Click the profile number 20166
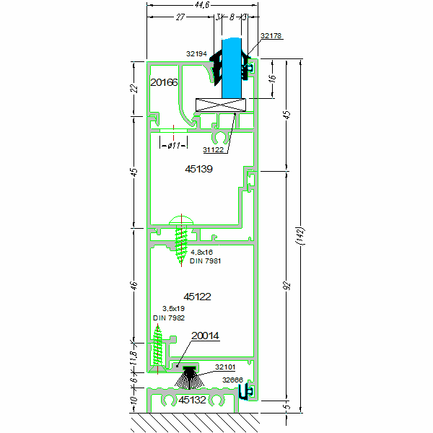click(x=164, y=83)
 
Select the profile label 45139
click(x=198, y=168)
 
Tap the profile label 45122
click(x=198, y=296)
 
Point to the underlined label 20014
click(x=205, y=336)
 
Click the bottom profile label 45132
click(x=193, y=399)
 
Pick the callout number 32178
click(x=271, y=35)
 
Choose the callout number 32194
click(x=197, y=53)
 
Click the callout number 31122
click(x=214, y=150)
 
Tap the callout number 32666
click(x=232, y=380)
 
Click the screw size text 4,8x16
click(x=202, y=252)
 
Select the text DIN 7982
click(x=167, y=318)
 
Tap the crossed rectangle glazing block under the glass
click(x=220, y=104)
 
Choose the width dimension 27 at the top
click(x=180, y=19)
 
